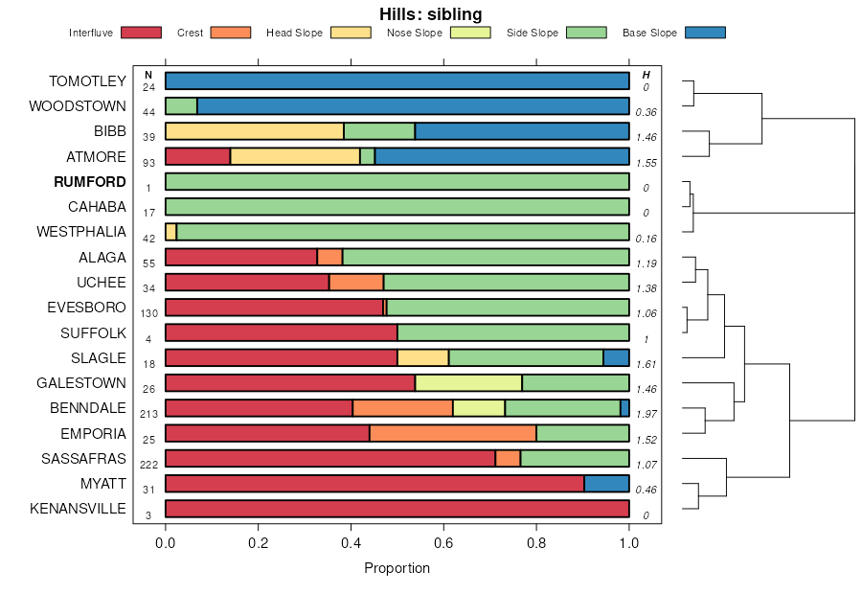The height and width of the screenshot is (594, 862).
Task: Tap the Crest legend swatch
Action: [x=230, y=33]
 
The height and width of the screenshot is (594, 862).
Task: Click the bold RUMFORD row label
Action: [x=90, y=182]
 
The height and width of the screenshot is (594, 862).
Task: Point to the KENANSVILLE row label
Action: [x=78, y=508]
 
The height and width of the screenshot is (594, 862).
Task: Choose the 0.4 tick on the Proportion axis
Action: [x=351, y=541]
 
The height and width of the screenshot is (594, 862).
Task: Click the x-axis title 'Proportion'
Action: [x=397, y=568]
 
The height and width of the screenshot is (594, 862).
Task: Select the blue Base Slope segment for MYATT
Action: [x=606, y=483]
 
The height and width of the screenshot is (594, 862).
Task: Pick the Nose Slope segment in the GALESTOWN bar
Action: [x=468, y=383]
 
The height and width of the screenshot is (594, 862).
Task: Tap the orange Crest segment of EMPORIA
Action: [x=453, y=433]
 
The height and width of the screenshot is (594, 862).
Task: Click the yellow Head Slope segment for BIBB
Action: [x=255, y=132]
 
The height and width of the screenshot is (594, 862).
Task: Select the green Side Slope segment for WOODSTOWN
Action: [x=181, y=106]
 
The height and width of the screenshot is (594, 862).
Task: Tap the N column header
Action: [x=147, y=75]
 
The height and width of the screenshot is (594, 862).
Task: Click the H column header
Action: [x=646, y=75]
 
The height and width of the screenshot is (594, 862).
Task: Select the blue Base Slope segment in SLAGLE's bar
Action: [x=616, y=358]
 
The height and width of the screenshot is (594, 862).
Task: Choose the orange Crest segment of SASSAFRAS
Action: [x=508, y=458]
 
